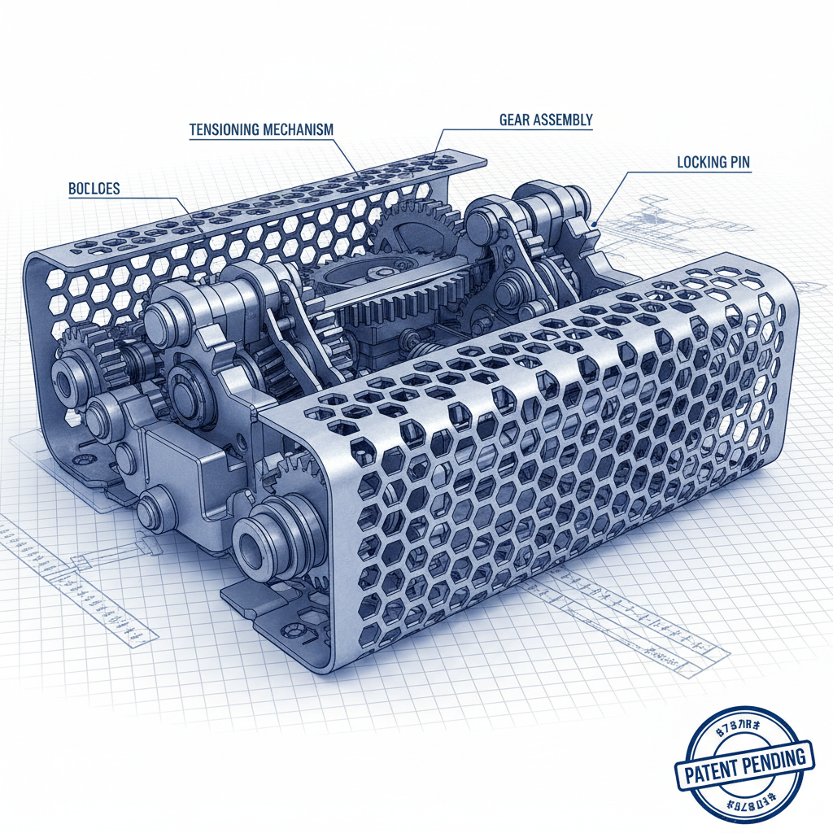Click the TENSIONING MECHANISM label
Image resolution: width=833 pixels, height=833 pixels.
click(x=261, y=129)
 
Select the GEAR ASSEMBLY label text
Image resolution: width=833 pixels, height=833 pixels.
click(x=546, y=120)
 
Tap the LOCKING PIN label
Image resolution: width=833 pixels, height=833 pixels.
click(x=713, y=163)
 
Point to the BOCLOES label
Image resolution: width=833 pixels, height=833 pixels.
click(x=94, y=189)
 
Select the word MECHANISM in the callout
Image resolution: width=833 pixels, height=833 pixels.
click(x=298, y=129)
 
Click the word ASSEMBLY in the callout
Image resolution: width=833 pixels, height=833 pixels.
click(x=565, y=120)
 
